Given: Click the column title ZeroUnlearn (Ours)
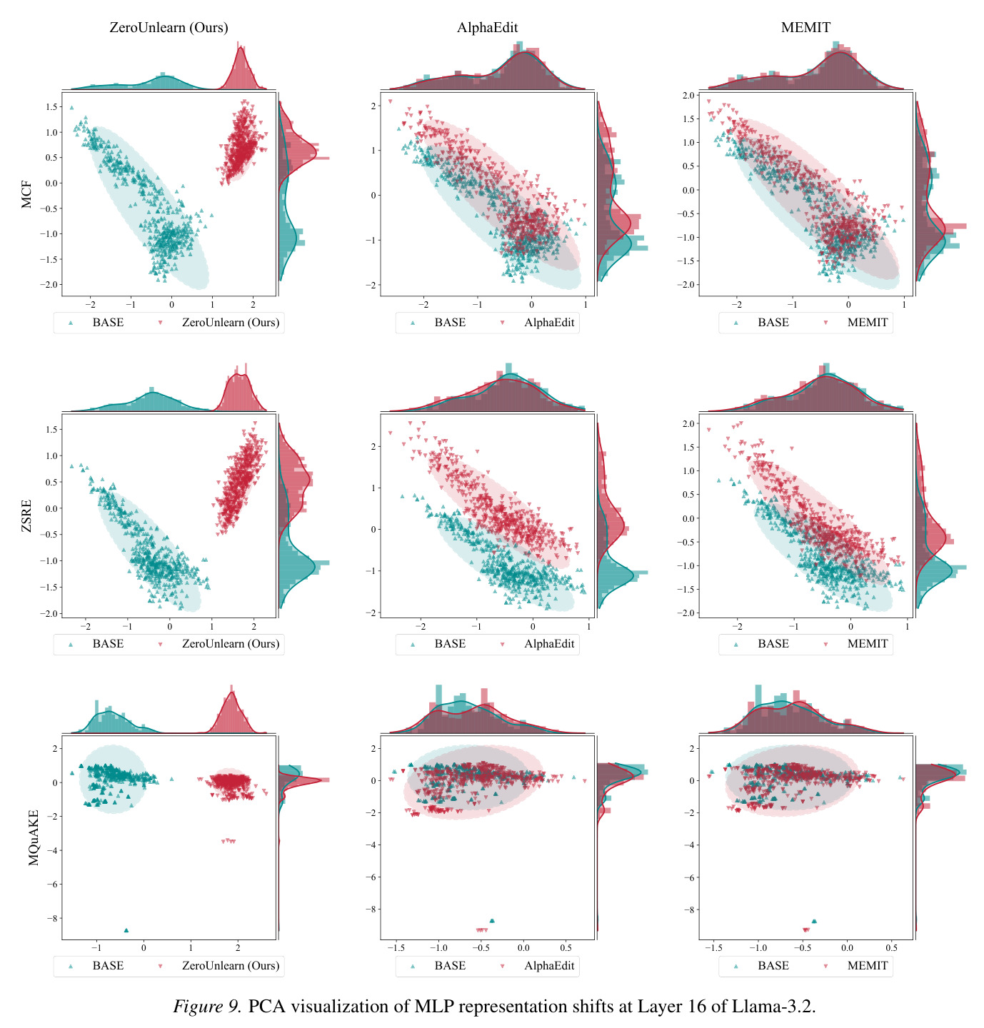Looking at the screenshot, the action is (x=169, y=27).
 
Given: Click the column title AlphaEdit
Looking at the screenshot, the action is (x=487, y=27).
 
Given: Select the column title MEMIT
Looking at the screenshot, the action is (x=805, y=27).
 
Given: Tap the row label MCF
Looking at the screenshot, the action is (x=26, y=194).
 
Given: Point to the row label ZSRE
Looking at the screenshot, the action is (x=26, y=515).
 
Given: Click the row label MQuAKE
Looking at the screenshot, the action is (x=34, y=837).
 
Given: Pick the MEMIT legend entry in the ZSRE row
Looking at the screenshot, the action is (x=856, y=643).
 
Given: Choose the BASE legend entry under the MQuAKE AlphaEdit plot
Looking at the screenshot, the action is (x=438, y=965).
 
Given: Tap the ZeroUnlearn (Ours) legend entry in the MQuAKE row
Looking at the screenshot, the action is (x=219, y=965).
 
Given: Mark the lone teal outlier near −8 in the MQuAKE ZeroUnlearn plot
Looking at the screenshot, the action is (x=126, y=930).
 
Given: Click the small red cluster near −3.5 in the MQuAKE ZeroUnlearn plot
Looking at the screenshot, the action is (x=229, y=840).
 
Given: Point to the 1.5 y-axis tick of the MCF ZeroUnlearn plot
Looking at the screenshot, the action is (x=51, y=106).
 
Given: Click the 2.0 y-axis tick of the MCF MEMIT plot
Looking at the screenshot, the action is (x=688, y=96).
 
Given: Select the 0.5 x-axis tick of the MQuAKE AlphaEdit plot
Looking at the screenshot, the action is (x=566, y=947).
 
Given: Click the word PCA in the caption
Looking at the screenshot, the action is (x=267, y=1005).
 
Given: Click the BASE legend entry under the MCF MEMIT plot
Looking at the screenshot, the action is (x=761, y=322).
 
